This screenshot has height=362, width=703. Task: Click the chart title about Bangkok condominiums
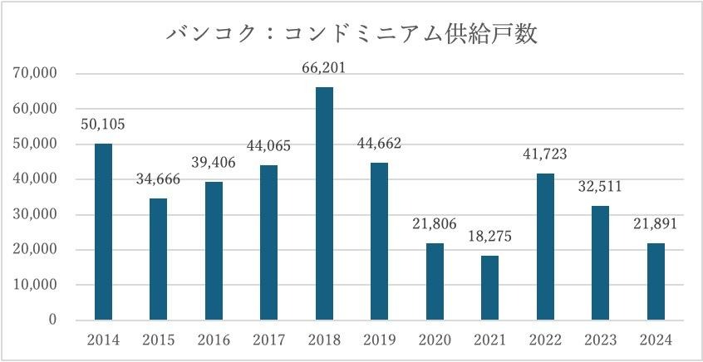coord(351,35)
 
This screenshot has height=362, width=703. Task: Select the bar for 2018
coord(324,203)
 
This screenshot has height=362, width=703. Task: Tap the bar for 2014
coord(103,232)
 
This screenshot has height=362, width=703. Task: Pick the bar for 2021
coord(490,288)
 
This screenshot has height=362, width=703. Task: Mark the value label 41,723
coord(545,155)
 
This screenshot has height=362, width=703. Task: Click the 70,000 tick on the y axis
coord(35,74)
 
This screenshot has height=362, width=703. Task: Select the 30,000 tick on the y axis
coord(35,215)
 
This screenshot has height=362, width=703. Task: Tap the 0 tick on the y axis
coord(52,320)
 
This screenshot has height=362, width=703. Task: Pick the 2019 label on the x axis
coord(379,340)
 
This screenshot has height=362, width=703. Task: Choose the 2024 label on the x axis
coord(656,340)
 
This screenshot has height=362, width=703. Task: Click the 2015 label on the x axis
coord(158,340)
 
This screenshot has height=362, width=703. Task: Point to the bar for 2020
coord(435,281)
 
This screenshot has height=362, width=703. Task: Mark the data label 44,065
coord(268,147)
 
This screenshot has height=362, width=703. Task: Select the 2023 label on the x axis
coord(601,340)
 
